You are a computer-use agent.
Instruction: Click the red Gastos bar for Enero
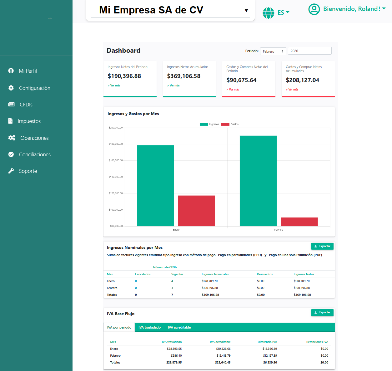pyautogui.click(x=196, y=211)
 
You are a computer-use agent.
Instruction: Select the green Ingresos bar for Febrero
pyautogui.click(x=258, y=181)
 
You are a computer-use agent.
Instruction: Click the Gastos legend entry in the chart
pyautogui.click(x=230, y=124)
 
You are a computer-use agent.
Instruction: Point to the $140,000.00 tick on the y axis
pyautogui.click(x=116, y=177)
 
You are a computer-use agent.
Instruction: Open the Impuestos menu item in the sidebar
pyautogui.click(x=29, y=121)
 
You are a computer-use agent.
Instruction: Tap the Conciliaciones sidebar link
pyautogui.click(x=35, y=154)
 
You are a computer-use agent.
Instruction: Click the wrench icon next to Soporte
pyautogui.click(x=11, y=171)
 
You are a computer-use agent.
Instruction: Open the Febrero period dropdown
pyautogui.click(x=273, y=51)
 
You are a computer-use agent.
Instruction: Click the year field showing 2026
pyautogui.click(x=309, y=51)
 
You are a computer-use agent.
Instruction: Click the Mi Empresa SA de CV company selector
pyautogui.click(x=170, y=10)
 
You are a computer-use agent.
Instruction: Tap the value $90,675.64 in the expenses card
pyautogui.click(x=241, y=80)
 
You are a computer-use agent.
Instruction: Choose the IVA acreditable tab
pyautogui.click(x=179, y=327)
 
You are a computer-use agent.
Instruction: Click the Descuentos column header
pyautogui.click(x=264, y=274)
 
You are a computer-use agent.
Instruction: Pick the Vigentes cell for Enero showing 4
pyautogui.click(x=172, y=281)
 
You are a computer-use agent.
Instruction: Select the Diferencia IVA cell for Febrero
pyautogui.click(x=270, y=356)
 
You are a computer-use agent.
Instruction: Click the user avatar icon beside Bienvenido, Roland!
pyautogui.click(x=314, y=9)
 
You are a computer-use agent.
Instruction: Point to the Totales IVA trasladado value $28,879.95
pyautogui.click(x=174, y=363)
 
